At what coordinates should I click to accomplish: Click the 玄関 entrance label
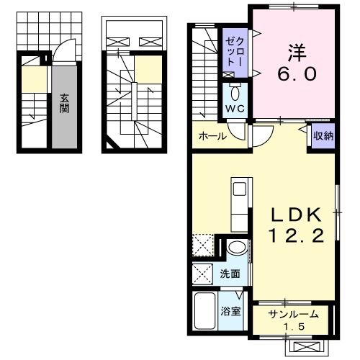[x=64, y=104]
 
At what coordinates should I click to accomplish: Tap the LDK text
[x=296, y=215]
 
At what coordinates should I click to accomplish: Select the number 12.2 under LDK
[x=297, y=235]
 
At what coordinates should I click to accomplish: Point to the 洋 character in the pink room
[x=297, y=53]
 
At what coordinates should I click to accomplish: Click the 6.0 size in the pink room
[x=297, y=73]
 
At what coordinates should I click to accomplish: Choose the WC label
[x=235, y=108]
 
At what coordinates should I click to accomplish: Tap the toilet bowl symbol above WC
[x=235, y=92]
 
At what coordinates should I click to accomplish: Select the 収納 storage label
[x=323, y=136]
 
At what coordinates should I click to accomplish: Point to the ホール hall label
[x=212, y=136]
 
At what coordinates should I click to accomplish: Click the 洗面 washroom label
[x=230, y=274]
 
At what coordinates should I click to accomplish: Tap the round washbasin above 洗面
[x=237, y=247]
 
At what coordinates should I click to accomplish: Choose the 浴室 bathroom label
[x=230, y=311]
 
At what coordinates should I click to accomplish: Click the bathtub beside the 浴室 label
[x=204, y=311]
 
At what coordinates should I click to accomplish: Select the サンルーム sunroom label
[x=293, y=314]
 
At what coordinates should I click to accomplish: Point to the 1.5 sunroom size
[x=294, y=326]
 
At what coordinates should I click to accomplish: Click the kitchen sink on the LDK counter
[x=240, y=189]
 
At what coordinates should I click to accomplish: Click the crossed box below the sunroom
[x=305, y=348]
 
